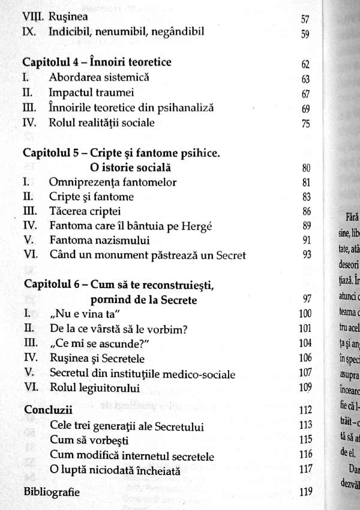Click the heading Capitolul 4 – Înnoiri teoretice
pyautogui.click(x=97, y=62)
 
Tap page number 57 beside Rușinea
pyautogui.click(x=305, y=19)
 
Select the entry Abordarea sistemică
pyautogui.click(x=99, y=77)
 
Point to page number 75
pyautogui.click(x=305, y=124)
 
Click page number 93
pyautogui.click(x=305, y=256)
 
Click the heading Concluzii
pyautogui.click(x=47, y=410)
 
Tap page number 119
pyautogui.click(x=305, y=493)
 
